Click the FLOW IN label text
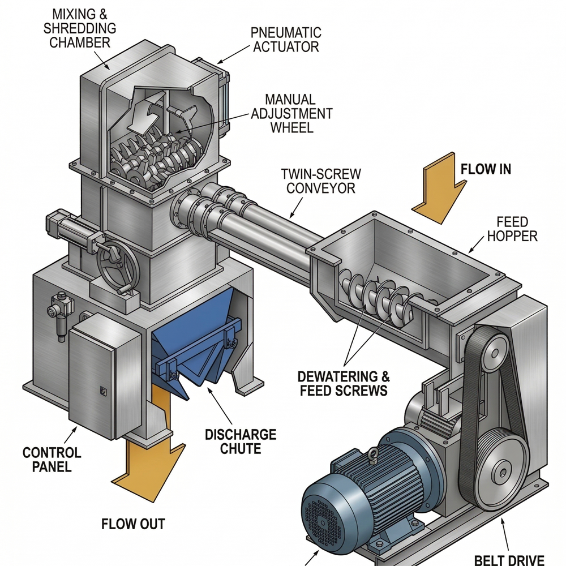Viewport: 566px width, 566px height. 486,169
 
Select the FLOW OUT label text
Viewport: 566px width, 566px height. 134,524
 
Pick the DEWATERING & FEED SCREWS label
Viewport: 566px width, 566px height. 344,383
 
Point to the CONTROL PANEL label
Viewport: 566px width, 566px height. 52,460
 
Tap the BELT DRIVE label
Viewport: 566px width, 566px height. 509,559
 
